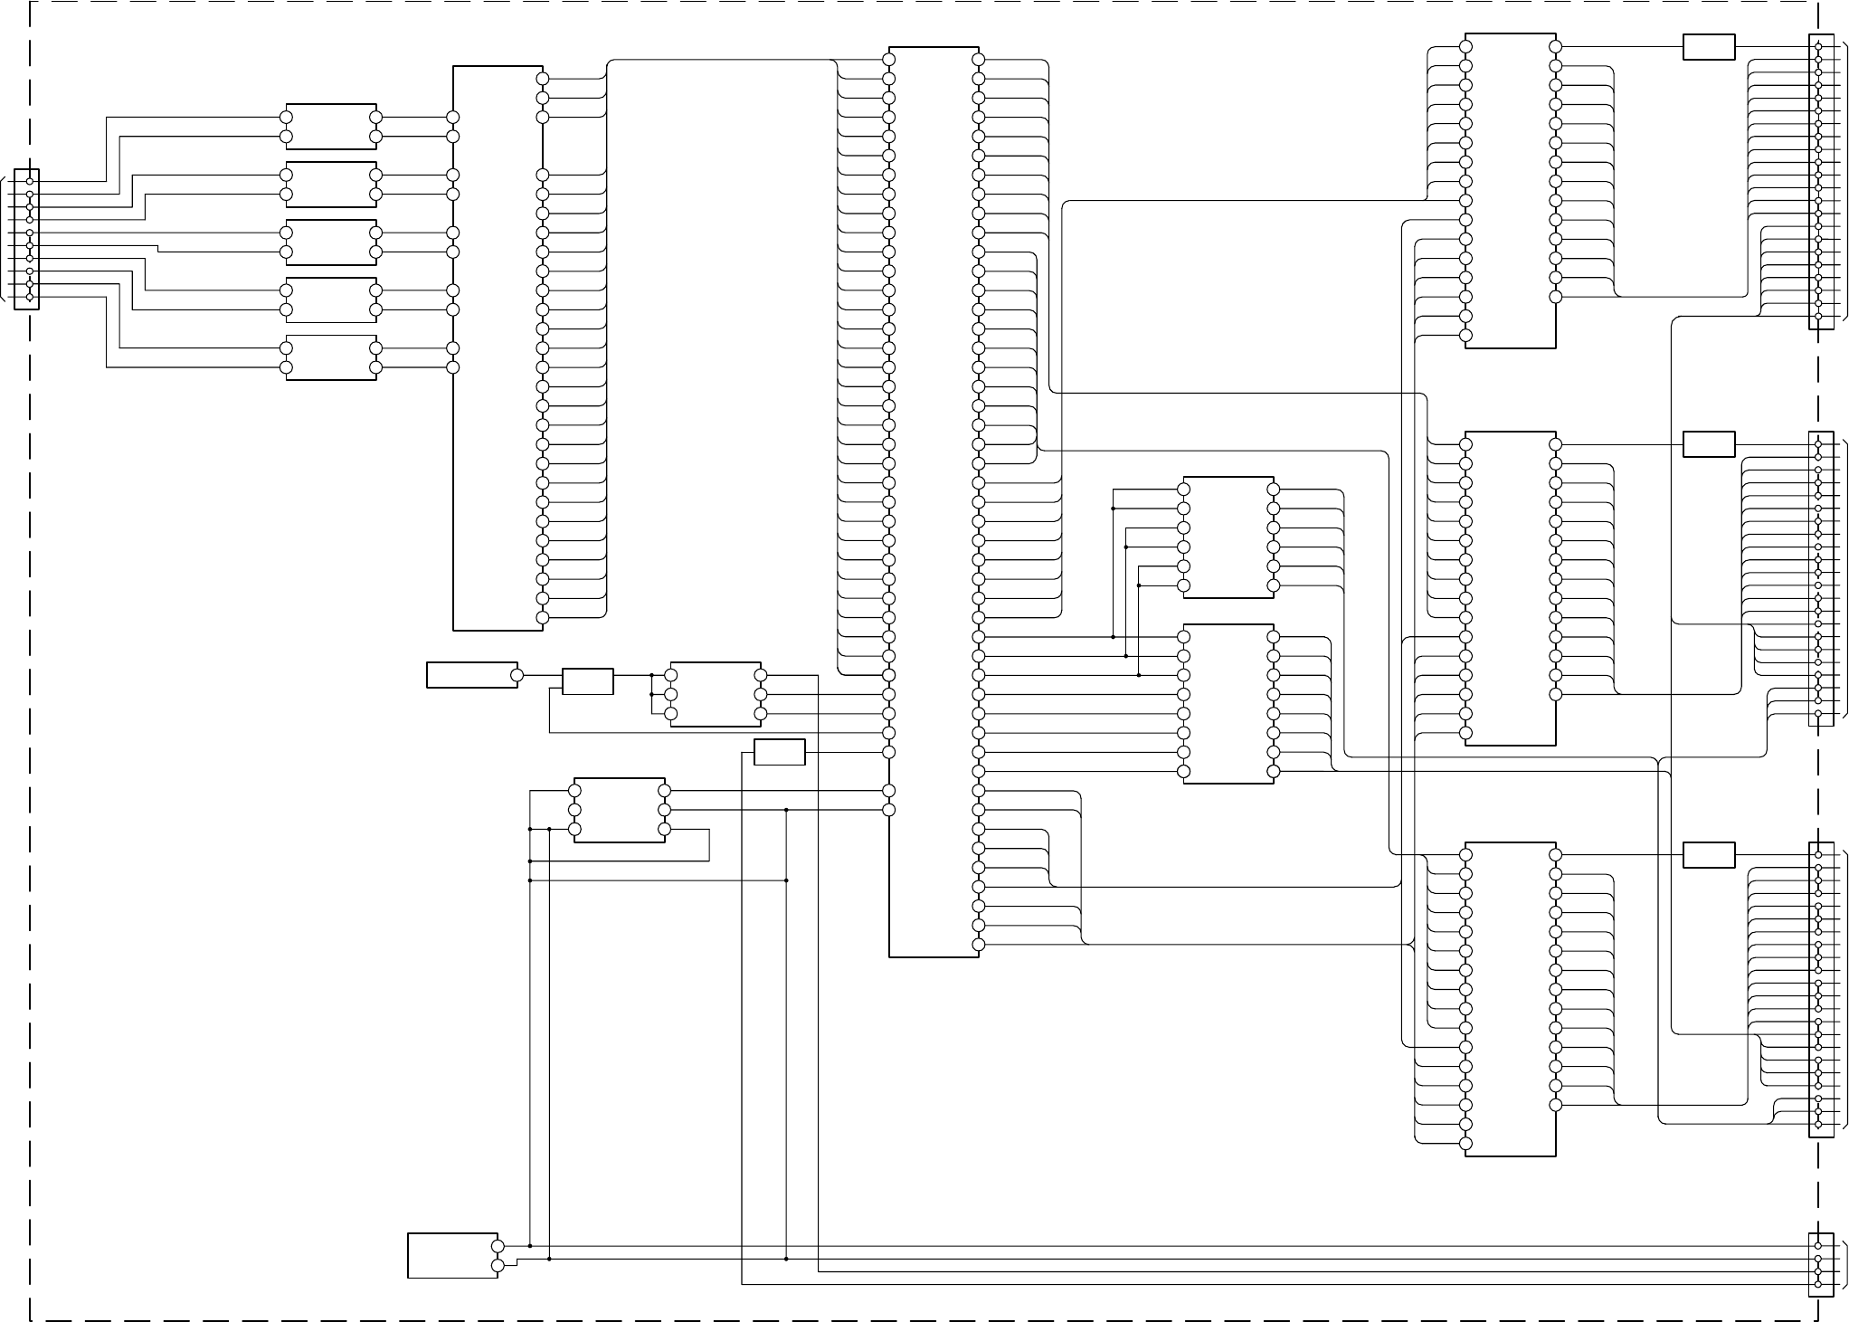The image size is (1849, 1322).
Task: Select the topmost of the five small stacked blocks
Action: [331, 127]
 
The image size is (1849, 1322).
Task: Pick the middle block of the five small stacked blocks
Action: [331, 243]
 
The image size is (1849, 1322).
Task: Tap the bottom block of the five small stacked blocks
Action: [331, 358]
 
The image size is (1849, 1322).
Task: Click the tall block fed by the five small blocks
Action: [498, 348]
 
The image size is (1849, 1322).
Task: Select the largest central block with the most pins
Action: [934, 502]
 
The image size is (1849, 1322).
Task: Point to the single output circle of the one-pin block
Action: [517, 675]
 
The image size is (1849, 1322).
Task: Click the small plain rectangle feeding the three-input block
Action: [588, 681]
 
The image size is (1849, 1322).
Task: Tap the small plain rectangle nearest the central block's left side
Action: [780, 752]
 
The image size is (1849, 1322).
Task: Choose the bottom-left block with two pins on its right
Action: [452, 1255]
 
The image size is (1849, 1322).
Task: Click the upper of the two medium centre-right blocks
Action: [1228, 537]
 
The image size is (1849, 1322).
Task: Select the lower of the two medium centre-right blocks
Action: [1228, 704]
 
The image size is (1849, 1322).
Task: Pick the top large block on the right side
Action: [1511, 191]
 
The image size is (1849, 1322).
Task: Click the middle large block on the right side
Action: [1511, 588]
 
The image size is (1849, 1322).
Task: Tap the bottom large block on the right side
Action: [1511, 999]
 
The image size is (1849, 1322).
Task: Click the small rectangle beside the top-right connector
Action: [1709, 47]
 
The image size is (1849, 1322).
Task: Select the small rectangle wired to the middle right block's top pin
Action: [1709, 444]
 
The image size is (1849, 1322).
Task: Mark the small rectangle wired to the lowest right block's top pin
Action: [1709, 855]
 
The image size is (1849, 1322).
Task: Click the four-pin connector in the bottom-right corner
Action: [1820, 1265]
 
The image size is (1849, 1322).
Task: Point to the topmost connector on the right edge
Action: [1820, 182]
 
